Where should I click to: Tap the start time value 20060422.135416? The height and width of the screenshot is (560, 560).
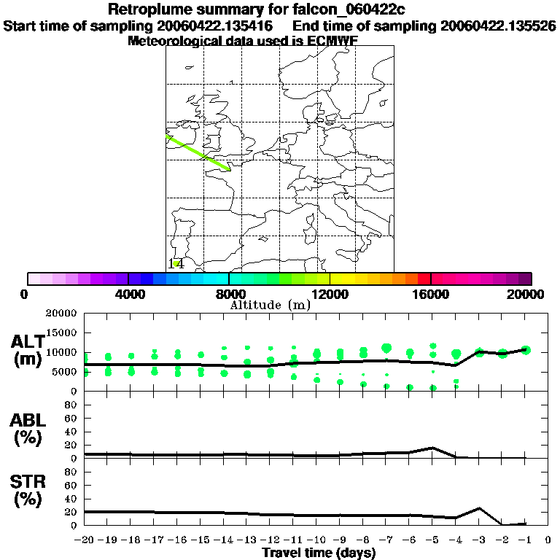(x=216, y=26)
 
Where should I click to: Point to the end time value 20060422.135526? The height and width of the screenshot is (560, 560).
(x=498, y=26)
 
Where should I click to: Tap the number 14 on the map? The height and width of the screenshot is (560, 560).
(x=176, y=264)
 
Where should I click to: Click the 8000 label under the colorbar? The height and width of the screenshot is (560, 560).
(x=228, y=294)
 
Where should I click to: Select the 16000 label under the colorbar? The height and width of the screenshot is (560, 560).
(x=430, y=294)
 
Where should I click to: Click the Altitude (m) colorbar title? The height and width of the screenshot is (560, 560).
(x=270, y=305)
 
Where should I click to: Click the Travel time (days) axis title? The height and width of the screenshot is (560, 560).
(x=319, y=553)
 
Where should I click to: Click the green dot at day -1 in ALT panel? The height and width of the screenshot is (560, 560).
(x=525, y=350)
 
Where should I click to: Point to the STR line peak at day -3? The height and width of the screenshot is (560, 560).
(x=479, y=508)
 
